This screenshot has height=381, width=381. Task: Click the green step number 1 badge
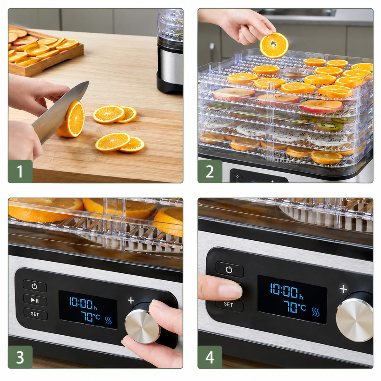click(20, 171)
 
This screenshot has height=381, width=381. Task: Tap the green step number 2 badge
click(210, 171)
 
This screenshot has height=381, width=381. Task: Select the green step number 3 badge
click(20, 357)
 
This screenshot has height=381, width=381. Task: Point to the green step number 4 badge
click(210, 357)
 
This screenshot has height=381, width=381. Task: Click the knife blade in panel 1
click(59, 111)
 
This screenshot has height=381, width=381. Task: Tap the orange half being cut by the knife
click(71, 119)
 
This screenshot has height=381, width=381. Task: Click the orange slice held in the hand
click(274, 45)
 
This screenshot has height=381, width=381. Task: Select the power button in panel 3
click(35, 286)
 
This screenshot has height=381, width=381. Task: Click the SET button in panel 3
click(35, 314)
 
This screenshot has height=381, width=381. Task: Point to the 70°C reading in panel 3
click(90, 316)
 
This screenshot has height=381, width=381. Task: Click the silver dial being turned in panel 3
click(142, 326)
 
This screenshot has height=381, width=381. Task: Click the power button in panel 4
click(230, 270)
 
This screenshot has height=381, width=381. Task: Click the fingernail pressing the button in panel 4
click(231, 291)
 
